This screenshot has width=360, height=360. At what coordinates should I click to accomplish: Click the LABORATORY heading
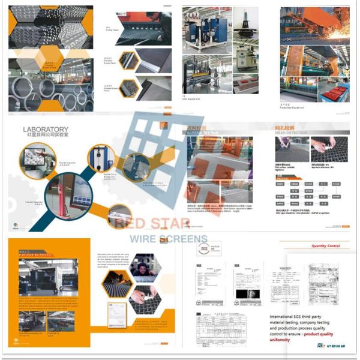click(46, 129)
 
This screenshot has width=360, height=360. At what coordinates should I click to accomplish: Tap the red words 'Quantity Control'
click(325, 245)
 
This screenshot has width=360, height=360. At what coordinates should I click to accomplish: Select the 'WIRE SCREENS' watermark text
click(169, 239)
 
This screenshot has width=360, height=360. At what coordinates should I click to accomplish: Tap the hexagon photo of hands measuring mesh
click(145, 298)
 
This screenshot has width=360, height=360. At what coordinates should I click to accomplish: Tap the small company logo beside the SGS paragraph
click(307, 347)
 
